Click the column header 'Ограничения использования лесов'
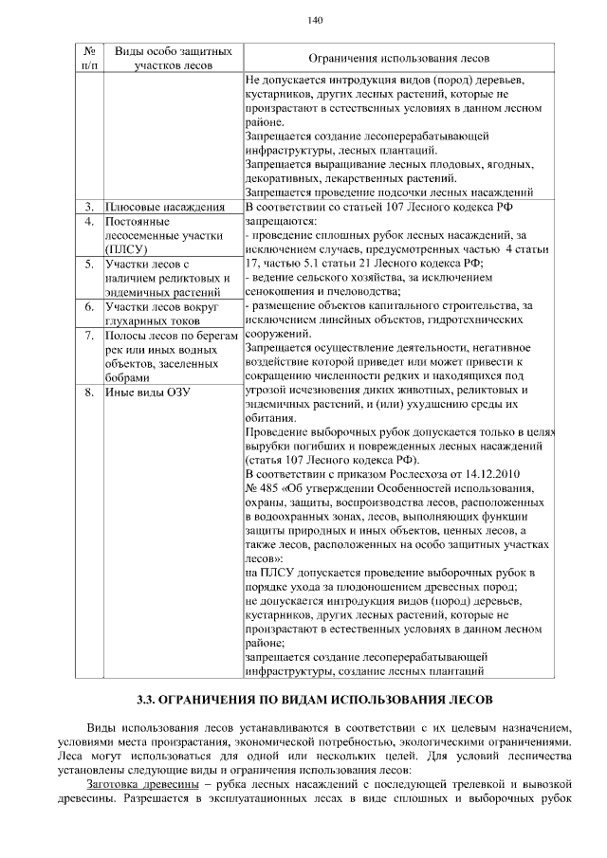coord(398,59)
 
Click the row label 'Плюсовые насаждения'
coord(165,207)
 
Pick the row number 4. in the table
coord(88,222)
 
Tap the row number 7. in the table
coord(88,336)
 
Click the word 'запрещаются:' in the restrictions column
coord(279,221)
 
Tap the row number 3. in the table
coord(88,207)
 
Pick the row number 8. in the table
coord(88,392)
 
